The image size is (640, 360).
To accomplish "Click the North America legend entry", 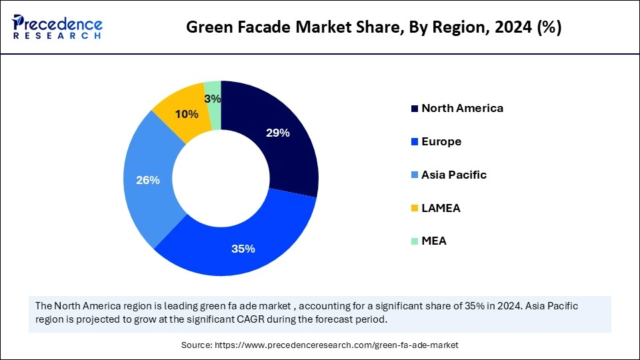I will (462, 108).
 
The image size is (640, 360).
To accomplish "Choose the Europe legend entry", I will (441, 141).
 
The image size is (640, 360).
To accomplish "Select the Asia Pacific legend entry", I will (454, 175).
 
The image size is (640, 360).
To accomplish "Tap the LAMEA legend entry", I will (441, 208).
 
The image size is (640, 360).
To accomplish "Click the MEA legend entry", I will (434, 241).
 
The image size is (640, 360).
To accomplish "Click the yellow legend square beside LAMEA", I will (415, 209).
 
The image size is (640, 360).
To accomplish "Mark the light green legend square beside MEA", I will (415, 241).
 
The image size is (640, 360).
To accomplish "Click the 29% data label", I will (277, 133).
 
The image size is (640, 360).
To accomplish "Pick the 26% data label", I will (148, 180).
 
